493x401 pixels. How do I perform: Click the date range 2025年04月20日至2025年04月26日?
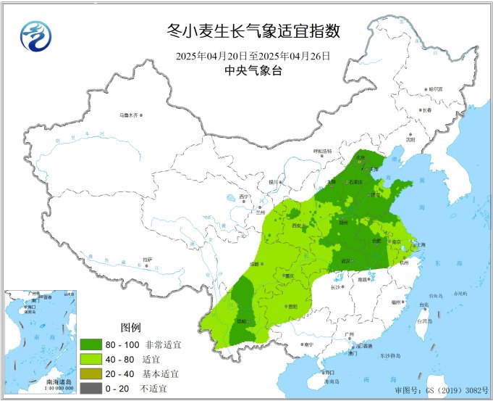coord(253,56)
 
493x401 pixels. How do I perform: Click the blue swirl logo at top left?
coord(33,36)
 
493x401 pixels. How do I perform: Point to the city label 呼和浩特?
coord(321,151)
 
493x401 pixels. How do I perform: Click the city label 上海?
coord(420,246)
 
